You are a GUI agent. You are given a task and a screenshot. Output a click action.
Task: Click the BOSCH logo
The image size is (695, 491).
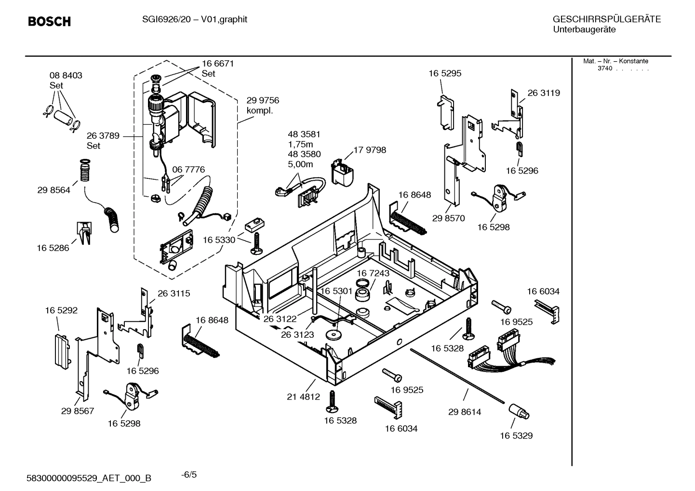[49, 22]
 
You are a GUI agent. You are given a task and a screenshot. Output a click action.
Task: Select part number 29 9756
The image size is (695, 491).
[263, 100]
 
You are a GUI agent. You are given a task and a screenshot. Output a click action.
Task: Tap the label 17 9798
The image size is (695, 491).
[370, 150]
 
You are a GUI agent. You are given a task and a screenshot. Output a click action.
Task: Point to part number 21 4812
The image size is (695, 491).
[303, 397]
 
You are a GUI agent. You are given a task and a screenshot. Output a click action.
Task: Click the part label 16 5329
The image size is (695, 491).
[516, 436]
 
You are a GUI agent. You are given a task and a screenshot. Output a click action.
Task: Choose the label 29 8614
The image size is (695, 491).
[464, 412]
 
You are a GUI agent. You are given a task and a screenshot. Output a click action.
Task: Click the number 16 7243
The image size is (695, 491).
[373, 273]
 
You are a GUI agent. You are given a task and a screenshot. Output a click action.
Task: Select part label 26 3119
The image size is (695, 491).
[544, 93]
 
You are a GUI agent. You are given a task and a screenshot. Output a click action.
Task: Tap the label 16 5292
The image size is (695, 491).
[61, 310]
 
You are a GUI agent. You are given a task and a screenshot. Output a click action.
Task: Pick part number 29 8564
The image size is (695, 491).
[53, 190]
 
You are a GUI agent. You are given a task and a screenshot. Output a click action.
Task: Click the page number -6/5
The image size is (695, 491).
[189, 475]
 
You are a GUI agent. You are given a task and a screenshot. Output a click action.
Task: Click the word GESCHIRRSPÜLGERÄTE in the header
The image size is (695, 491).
[606, 19]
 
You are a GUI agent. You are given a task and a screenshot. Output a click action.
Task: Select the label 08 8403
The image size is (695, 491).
[66, 75]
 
